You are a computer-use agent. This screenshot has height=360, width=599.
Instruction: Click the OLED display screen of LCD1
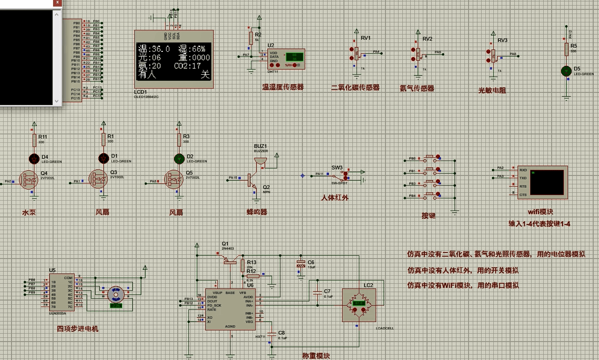point(174,61)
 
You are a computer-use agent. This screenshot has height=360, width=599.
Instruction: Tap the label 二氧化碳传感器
point(355,88)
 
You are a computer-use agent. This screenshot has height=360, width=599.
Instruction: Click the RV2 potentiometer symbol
point(418,54)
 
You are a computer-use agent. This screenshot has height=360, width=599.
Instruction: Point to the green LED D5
point(566,71)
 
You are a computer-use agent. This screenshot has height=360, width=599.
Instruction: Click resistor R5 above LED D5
point(566,49)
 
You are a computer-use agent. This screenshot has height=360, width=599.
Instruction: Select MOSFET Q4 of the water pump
point(29,179)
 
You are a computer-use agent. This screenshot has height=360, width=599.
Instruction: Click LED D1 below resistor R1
point(103,158)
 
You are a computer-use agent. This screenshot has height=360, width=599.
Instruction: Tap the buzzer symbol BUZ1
point(260,161)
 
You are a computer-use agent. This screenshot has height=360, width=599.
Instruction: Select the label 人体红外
point(335,197)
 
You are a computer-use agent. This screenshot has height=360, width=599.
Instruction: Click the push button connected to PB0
point(431,157)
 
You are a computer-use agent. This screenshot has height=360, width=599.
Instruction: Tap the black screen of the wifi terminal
point(546,183)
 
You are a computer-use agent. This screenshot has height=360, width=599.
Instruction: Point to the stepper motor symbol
point(115,294)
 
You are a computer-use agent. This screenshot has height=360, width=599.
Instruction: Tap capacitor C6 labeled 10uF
point(301,267)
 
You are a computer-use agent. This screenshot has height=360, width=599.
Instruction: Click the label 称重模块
point(316,355)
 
